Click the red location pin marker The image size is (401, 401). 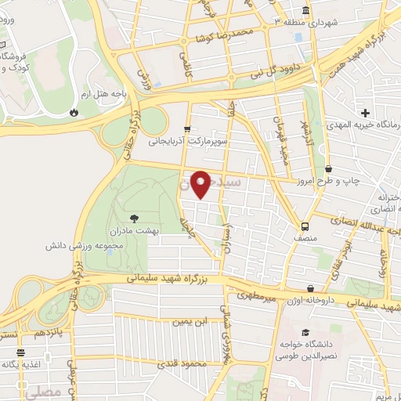click(200, 185)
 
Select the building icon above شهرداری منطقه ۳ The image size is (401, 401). click(304, 10)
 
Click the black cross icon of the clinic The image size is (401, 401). click(365, 113)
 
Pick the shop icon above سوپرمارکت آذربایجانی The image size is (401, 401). click(186, 129)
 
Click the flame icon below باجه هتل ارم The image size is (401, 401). click(74, 111)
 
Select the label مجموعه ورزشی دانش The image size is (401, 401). click(61, 245)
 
